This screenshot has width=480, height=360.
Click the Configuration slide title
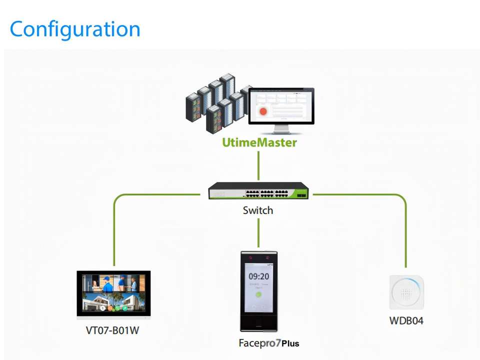(x=75, y=29)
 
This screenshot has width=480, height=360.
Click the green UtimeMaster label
(x=259, y=142)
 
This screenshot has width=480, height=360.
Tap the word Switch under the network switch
(x=258, y=210)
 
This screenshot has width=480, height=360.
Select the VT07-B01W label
(x=112, y=330)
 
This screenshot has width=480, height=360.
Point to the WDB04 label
(x=406, y=320)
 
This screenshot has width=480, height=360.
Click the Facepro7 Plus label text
(x=268, y=343)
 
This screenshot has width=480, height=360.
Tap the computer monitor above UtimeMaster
(x=281, y=106)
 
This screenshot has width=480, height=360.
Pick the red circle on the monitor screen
(x=263, y=111)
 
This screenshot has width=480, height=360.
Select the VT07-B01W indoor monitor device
(x=113, y=294)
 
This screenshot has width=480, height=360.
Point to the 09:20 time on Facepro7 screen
(x=258, y=276)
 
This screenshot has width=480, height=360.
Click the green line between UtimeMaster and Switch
(x=258, y=165)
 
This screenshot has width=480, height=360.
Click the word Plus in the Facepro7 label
(x=290, y=343)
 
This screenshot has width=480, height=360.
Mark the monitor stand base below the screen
(x=281, y=132)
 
